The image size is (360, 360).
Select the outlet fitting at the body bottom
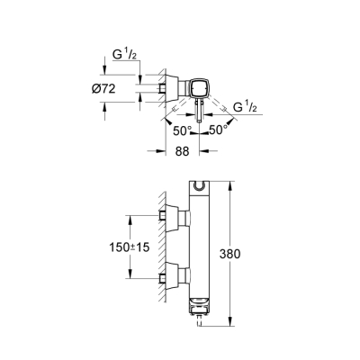coord(197,310)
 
